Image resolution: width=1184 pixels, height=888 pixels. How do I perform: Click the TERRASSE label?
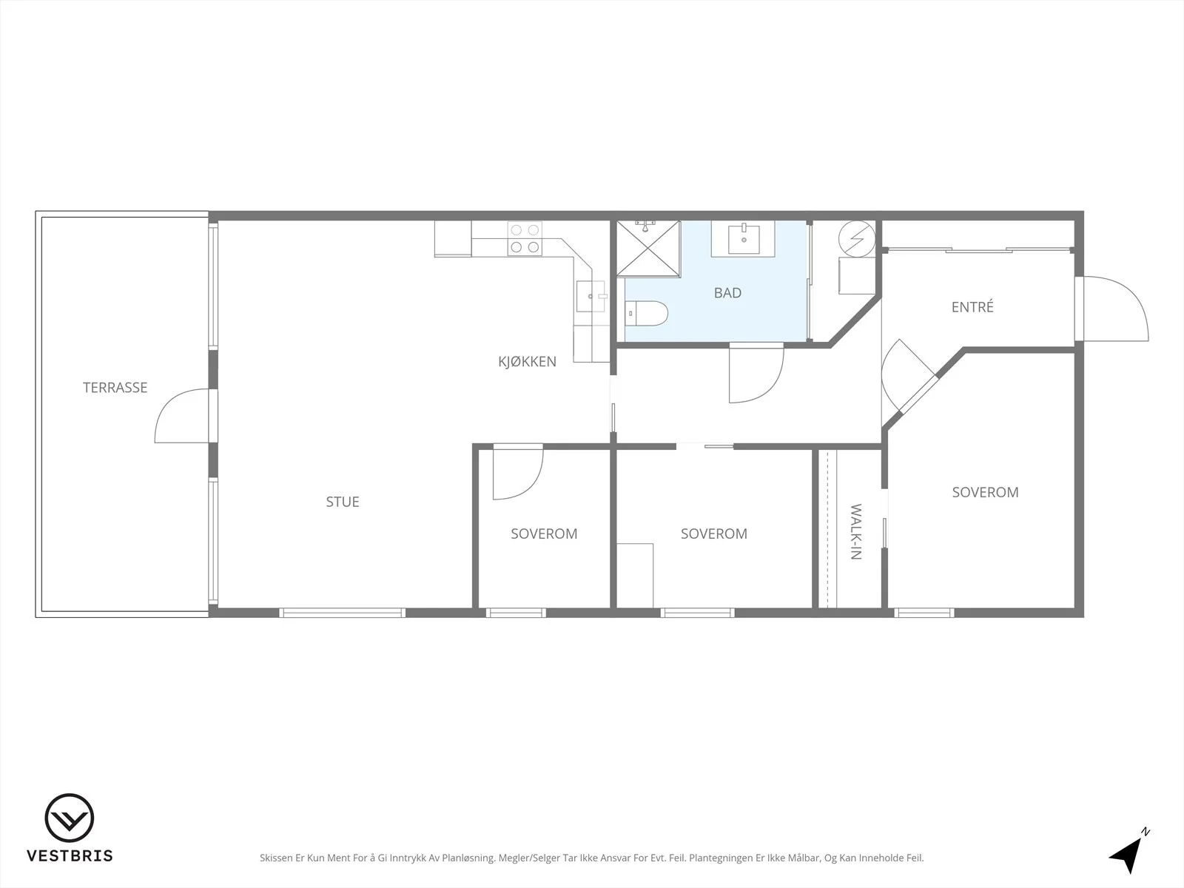coord(115,388)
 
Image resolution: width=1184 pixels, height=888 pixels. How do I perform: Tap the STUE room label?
coord(343,502)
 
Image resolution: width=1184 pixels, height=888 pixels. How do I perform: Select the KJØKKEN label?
coord(527,361)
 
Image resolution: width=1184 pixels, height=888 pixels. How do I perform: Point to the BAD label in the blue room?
coord(727,293)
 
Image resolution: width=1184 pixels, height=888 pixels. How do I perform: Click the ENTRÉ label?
coord(972,307)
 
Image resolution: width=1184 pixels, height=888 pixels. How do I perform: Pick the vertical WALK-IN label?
coord(855,531)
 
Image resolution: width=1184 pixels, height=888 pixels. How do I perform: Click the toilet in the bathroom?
coord(647,313)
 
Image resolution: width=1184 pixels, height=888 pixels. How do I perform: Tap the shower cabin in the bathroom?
coord(648,248)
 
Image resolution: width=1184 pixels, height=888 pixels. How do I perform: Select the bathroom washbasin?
coord(743,239)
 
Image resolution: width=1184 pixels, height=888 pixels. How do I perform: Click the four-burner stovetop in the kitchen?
coord(525,238)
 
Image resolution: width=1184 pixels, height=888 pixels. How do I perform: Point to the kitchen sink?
coord(591,296)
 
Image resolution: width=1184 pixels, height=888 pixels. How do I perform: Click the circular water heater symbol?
coord(857,239)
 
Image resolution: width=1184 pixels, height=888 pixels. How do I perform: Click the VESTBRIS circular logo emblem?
coord(70,818)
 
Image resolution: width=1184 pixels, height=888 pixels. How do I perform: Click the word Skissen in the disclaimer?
coord(276,858)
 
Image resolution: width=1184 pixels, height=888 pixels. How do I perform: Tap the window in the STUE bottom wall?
coord(342,613)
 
